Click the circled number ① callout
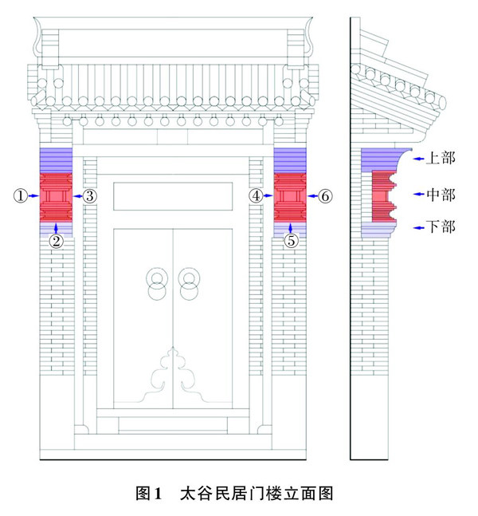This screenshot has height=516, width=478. [21, 195]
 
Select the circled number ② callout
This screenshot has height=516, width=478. [56, 240]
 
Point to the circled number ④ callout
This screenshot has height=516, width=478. [256, 195]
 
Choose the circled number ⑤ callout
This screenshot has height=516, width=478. [291, 240]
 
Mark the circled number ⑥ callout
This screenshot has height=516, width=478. [325, 195]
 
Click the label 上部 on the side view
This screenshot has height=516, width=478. [440, 158]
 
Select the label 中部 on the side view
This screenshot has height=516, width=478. [440, 194]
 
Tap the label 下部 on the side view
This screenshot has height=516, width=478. [440, 227]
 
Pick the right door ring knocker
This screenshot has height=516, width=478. [189, 282]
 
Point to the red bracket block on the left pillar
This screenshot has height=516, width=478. [56, 196]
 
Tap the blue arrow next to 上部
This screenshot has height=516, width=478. [419, 159]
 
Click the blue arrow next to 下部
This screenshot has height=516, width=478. [419, 228]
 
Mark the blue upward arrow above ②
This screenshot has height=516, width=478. [56, 228]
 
